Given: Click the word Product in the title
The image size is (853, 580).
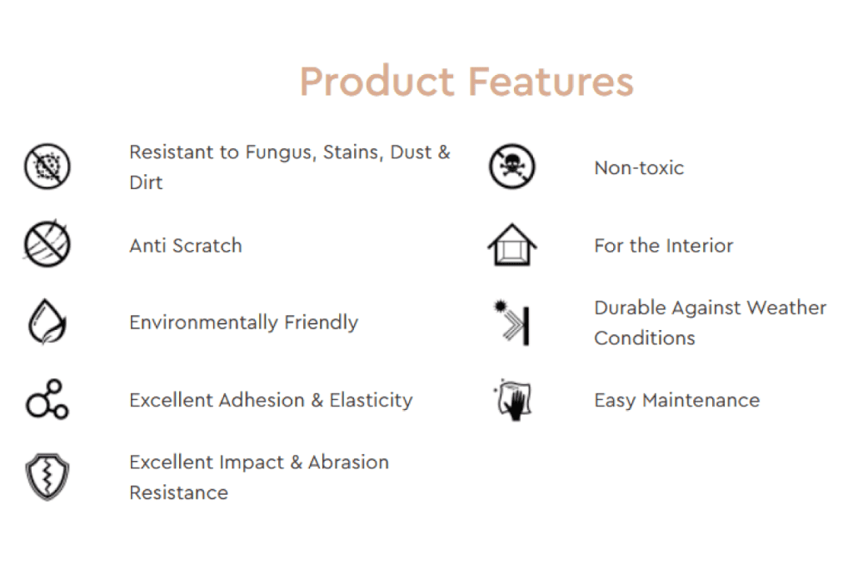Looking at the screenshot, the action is click(x=377, y=81).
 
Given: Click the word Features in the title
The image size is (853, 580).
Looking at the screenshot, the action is click(x=551, y=81).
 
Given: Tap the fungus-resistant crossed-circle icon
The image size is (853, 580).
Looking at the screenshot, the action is click(x=47, y=167).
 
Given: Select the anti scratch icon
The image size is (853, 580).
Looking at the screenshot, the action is click(x=47, y=244).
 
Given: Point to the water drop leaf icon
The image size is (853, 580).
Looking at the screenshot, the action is click(x=47, y=322).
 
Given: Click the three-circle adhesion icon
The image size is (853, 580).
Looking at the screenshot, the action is click(x=47, y=399).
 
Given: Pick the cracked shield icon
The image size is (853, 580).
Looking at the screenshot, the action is click(x=47, y=477).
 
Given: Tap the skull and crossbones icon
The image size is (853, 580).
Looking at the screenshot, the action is click(x=512, y=167).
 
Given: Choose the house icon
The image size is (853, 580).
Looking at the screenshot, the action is click(x=512, y=244).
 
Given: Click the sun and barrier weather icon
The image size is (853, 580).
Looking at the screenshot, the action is click(x=511, y=322).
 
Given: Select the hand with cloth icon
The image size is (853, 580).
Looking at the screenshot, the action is click(x=512, y=400).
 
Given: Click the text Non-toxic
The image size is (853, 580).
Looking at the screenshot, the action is click(x=639, y=167).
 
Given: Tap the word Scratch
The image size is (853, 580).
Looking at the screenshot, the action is click(x=207, y=245).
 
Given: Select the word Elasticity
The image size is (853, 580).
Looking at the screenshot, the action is click(x=371, y=401).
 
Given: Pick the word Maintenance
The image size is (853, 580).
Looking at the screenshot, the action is click(x=701, y=400).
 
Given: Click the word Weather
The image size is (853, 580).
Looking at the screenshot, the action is click(x=786, y=307).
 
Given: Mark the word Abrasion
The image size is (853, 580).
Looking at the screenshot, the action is click(x=348, y=462).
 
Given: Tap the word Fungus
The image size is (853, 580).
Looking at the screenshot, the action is click(x=281, y=152).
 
